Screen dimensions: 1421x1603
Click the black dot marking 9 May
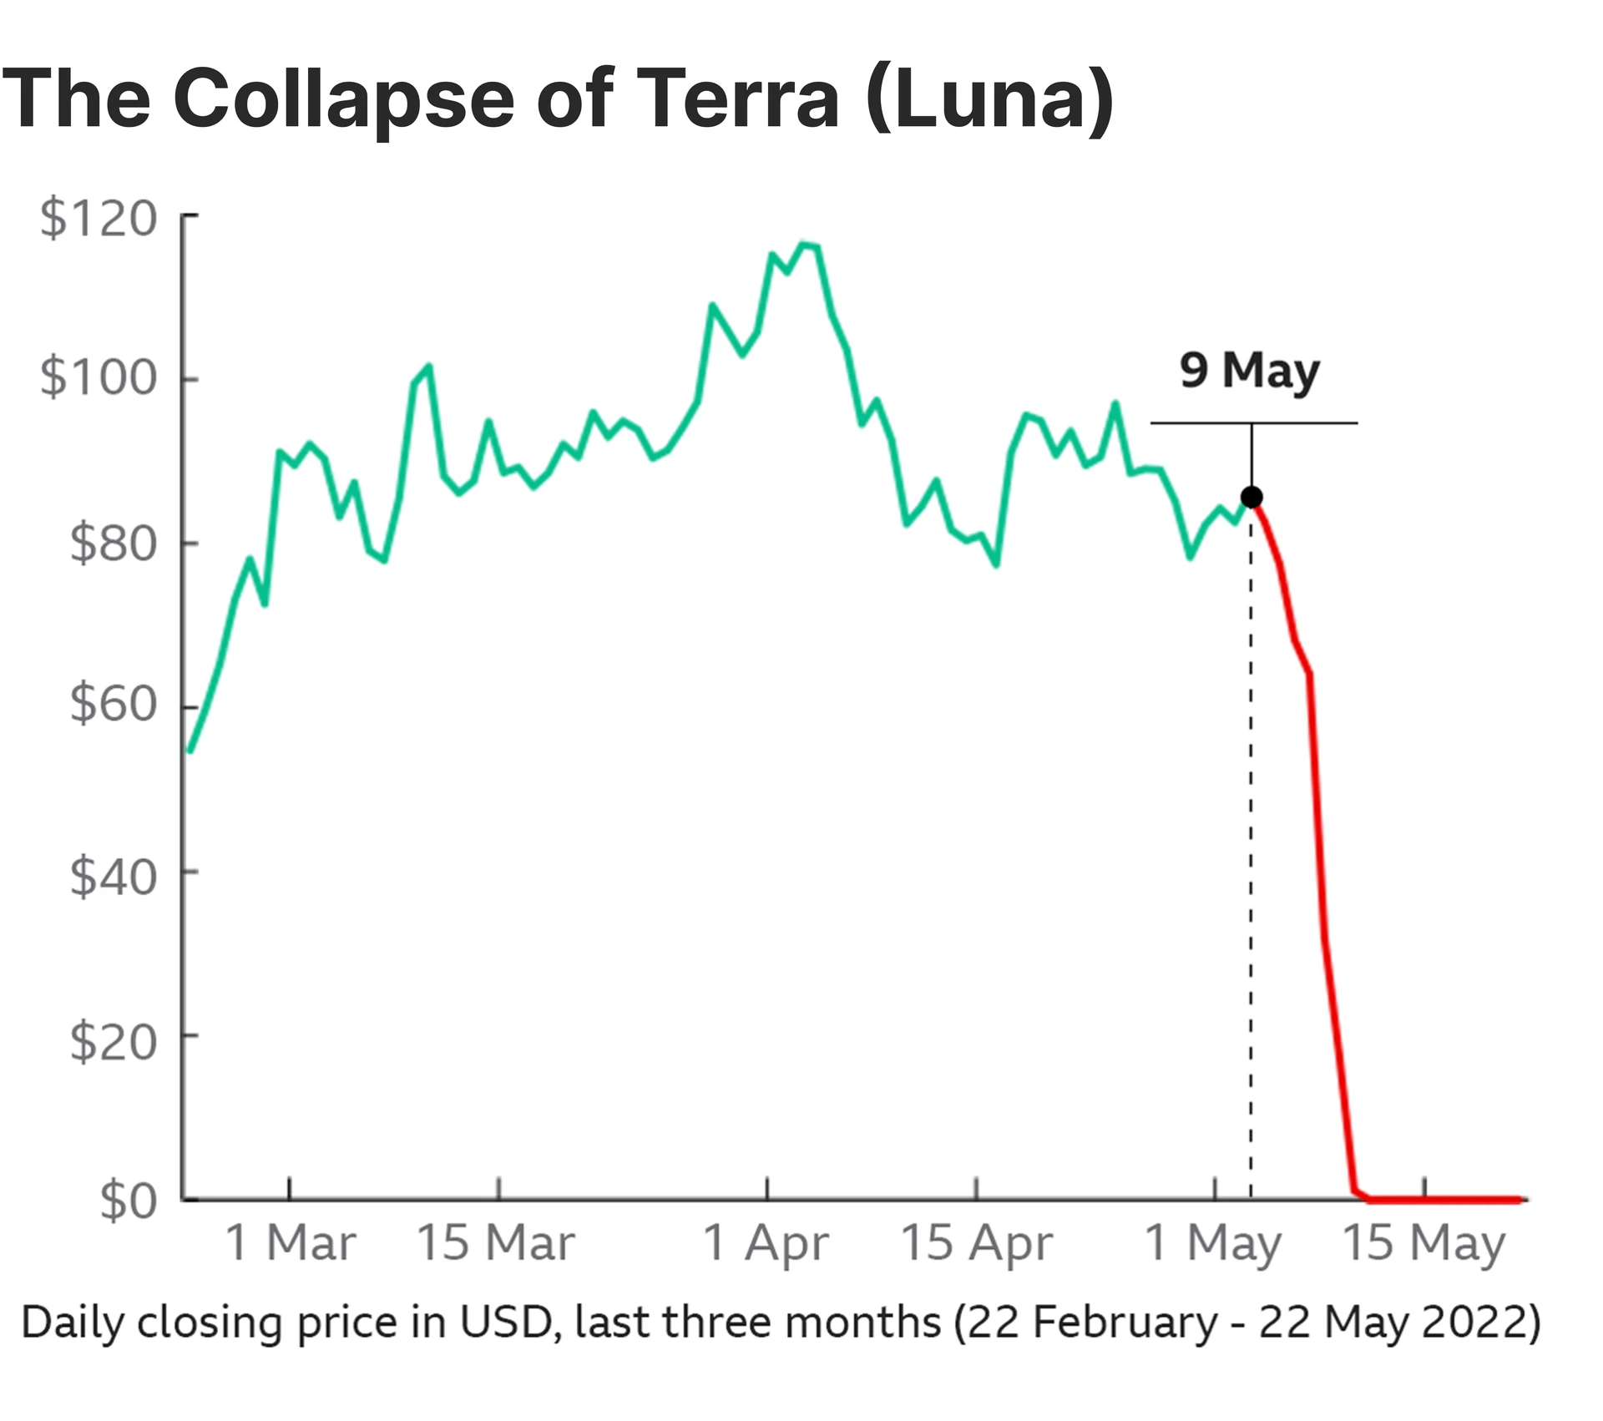point(1251,498)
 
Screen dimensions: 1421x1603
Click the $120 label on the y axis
point(99,219)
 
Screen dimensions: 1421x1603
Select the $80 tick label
point(113,544)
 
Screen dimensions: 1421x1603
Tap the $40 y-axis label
point(113,877)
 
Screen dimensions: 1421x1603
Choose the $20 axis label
point(113,1042)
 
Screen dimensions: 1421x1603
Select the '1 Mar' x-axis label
point(290,1243)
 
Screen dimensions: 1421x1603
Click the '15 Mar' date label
point(496,1243)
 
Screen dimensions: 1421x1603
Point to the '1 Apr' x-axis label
point(766,1245)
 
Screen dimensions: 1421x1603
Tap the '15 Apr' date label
point(976,1245)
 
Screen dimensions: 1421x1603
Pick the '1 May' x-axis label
point(1212,1245)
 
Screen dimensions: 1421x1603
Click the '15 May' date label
point(1423,1245)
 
